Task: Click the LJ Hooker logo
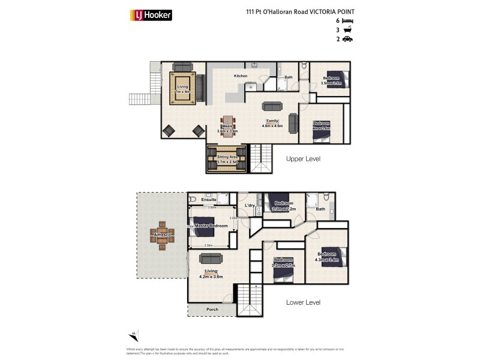(x=151, y=15)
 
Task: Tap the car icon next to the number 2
(x=347, y=39)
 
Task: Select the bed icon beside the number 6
(x=347, y=20)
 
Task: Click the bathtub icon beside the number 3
(x=347, y=29)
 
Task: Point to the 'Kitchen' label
(x=240, y=76)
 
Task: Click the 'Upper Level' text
(x=304, y=159)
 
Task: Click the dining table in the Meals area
(x=227, y=126)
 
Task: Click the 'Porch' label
(x=212, y=310)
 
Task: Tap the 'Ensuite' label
(x=200, y=199)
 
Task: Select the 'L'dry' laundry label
(x=250, y=206)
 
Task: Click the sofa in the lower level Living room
(x=211, y=258)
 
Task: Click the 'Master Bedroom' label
(x=211, y=226)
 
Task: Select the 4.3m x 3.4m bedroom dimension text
(x=327, y=260)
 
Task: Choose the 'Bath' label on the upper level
(x=289, y=77)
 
